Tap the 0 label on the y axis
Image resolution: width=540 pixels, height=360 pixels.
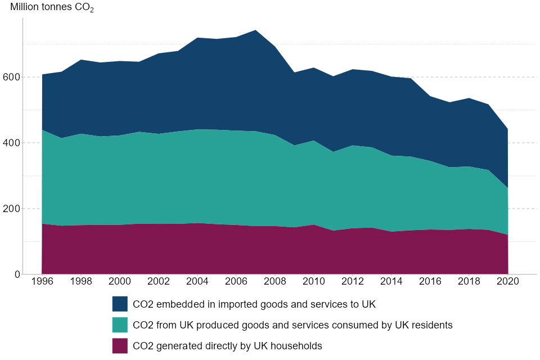point(17,274)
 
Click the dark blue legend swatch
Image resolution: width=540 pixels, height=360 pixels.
point(120,304)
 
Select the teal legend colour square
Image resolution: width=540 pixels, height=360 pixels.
point(120,325)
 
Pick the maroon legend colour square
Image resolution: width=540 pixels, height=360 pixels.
point(120,346)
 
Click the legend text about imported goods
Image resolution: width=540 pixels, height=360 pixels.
point(254,304)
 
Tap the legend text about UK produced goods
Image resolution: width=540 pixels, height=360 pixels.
point(292,325)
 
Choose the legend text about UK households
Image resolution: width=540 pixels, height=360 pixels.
point(227,346)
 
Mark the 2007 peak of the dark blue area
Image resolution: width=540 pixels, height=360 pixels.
point(255,30)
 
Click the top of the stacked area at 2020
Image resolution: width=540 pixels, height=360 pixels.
point(507,129)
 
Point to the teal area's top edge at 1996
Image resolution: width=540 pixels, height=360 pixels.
point(43,130)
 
